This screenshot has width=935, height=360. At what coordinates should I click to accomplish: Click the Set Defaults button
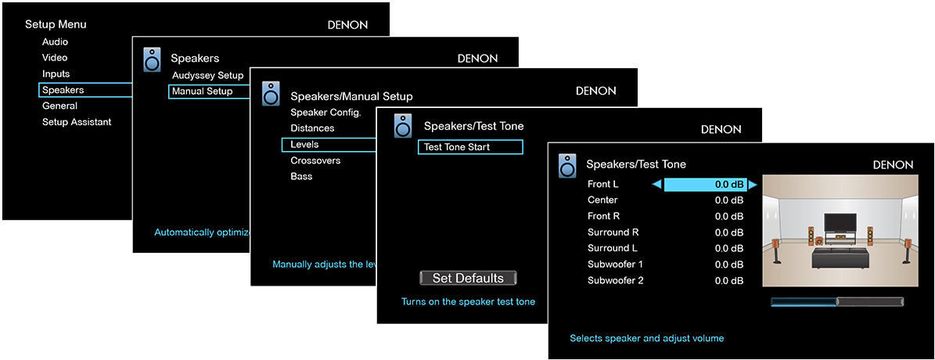[468, 278]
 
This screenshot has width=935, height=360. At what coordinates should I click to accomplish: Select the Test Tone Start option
[469, 147]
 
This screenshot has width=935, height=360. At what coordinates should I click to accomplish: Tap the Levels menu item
[305, 144]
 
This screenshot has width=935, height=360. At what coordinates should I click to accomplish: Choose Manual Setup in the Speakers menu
[203, 92]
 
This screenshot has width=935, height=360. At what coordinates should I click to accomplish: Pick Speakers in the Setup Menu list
[63, 90]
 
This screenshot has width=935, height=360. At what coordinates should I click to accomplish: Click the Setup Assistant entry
[77, 122]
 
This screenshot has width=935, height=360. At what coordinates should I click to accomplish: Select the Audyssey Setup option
[208, 76]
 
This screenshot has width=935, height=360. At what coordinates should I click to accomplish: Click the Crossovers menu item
[315, 160]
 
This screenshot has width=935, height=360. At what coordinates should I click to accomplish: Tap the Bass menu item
[301, 176]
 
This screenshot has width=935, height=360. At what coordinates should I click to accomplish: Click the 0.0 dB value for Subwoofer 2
[729, 280]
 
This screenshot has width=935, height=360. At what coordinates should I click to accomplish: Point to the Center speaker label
[602, 200]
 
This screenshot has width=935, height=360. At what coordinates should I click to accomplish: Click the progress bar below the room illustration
[836, 301]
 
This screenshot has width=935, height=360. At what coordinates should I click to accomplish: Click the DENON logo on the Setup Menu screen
[347, 25]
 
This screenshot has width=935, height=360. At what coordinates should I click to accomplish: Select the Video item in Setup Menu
[55, 58]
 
